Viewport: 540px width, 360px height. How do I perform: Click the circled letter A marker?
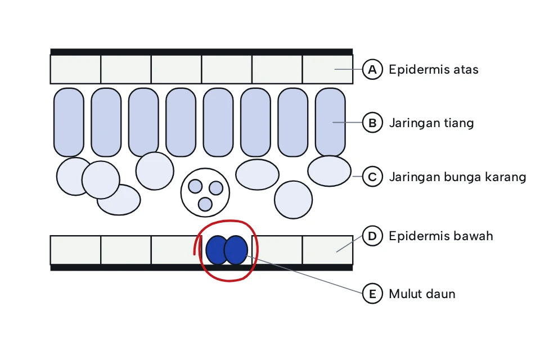pyautogui.click(x=372, y=69)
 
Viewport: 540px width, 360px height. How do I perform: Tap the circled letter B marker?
pyautogui.click(x=372, y=123)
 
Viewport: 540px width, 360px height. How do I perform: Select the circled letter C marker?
pyautogui.click(x=372, y=177)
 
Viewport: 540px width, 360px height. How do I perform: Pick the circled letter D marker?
pyautogui.click(x=372, y=236)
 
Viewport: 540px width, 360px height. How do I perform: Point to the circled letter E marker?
pyautogui.click(x=372, y=294)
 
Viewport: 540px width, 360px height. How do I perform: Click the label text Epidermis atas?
pyautogui.click(x=434, y=70)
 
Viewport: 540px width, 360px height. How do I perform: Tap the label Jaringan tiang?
pyautogui.click(x=431, y=123)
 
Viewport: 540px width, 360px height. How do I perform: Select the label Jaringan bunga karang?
pyautogui.click(x=458, y=177)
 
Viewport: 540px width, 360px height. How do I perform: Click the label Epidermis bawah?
pyautogui.click(x=441, y=236)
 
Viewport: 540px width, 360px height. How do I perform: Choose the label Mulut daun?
pyautogui.click(x=422, y=294)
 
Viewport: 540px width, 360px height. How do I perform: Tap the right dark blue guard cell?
pyautogui.click(x=236, y=250)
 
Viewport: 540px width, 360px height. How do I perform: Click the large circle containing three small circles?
pyautogui.click(x=205, y=192)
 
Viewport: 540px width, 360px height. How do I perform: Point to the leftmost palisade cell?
pyautogui.click(x=69, y=122)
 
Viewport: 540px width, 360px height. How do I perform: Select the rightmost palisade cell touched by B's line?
pyautogui.click(x=330, y=122)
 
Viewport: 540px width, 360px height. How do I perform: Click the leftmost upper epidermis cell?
pyautogui.click(x=75, y=69)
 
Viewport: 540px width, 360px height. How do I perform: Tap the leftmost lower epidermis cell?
pyautogui.click(x=75, y=250)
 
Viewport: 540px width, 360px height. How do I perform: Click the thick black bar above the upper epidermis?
pyautogui.click(x=201, y=52)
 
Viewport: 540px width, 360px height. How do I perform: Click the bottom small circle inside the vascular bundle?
pyautogui.click(x=205, y=204)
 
